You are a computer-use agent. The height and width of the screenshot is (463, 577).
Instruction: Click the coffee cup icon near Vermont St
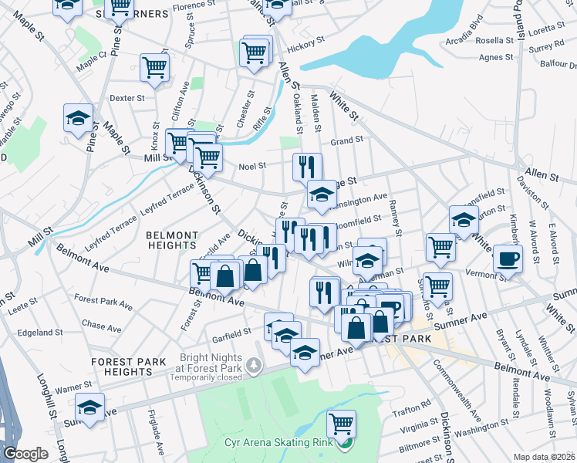(x=507, y=258)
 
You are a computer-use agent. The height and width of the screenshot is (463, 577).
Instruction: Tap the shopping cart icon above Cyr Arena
(x=340, y=423)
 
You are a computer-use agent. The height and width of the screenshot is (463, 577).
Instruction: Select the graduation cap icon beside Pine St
(x=78, y=118)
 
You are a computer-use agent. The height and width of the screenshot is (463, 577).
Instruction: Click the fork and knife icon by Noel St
(x=307, y=166)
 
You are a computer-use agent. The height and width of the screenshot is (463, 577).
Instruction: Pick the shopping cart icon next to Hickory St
(x=254, y=52)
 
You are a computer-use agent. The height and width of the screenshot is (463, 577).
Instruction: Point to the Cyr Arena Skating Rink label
(x=290, y=442)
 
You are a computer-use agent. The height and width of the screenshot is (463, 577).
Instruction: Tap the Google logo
(x=25, y=454)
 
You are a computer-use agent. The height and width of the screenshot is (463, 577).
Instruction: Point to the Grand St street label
(x=346, y=140)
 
